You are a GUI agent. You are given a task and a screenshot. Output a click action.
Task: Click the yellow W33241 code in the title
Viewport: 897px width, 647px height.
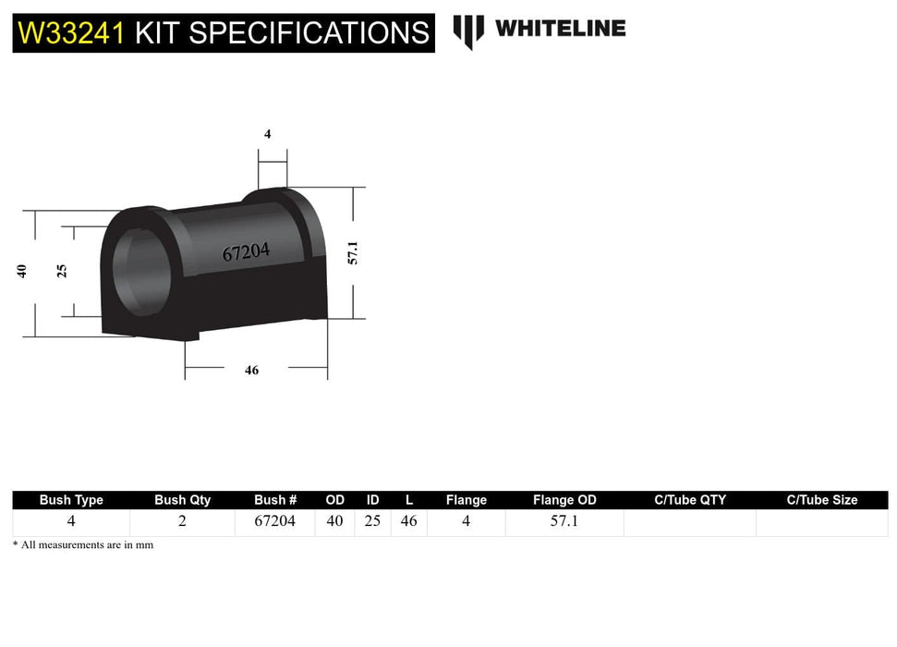(72, 33)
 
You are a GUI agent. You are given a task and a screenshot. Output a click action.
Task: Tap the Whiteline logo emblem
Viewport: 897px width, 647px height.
(468, 31)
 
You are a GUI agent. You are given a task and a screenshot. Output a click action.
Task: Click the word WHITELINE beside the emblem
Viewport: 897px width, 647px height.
(560, 29)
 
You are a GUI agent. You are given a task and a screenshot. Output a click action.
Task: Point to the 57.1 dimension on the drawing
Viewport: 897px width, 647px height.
(352, 252)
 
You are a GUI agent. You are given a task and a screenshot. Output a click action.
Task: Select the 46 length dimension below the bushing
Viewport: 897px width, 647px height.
(251, 370)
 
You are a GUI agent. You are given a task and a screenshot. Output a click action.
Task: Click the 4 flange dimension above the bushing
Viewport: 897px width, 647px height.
(268, 134)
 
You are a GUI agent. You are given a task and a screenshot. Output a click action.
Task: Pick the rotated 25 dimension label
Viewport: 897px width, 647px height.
(62, 271)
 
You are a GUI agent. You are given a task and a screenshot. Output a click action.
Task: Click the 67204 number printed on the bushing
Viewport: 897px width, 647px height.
(246, 251)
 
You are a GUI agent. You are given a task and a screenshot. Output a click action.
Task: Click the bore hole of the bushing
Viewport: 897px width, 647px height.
(139, 269)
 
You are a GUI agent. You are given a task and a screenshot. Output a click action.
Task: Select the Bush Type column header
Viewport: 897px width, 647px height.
(71, 500)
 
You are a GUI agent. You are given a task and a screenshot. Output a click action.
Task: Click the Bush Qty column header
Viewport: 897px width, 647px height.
(182, 500)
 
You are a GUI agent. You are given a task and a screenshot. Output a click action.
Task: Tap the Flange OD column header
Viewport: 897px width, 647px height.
(564, 500)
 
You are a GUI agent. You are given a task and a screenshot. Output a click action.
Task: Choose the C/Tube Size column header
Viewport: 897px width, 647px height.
(821, 500)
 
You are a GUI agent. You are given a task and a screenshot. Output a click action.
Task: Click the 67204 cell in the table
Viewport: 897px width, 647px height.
(275, 521)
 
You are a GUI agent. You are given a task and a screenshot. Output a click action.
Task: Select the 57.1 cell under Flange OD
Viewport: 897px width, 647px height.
(564, 521)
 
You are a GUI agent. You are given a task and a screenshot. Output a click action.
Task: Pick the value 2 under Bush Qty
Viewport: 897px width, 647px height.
(182, 521)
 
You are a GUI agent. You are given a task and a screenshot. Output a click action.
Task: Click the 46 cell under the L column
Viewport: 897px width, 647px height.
(408, 521)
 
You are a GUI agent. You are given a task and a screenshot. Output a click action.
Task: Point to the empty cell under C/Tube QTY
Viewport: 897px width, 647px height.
(689, 522)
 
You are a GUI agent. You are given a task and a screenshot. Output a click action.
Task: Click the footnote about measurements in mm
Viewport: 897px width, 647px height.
(83, 545)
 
